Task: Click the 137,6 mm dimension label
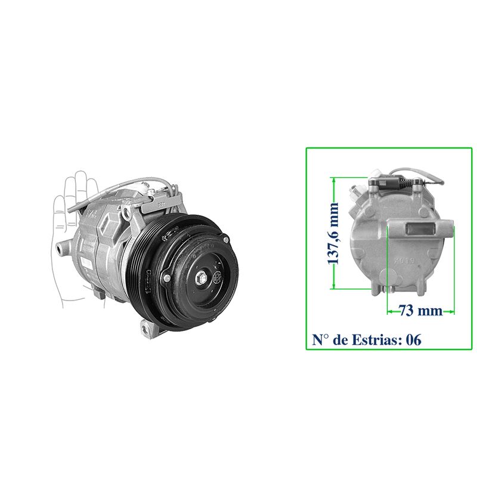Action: point(333,233)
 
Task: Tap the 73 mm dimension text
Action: point(421,310)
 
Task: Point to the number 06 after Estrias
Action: point(414,340)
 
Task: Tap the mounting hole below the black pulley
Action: point(145,329)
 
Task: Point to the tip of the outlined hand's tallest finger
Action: point(82,171)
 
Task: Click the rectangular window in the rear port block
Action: point(418,229)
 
